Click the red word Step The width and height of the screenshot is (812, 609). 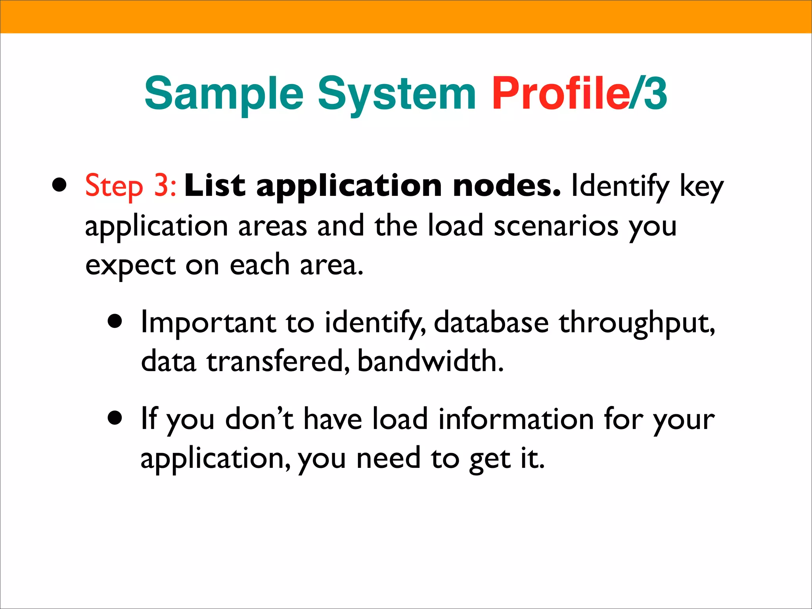click(x=114, y=186)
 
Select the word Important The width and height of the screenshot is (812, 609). click(x=208, y=322)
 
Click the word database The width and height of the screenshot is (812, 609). click(x=491, y=322)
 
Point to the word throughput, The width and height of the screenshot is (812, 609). click(x=637, y=323)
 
